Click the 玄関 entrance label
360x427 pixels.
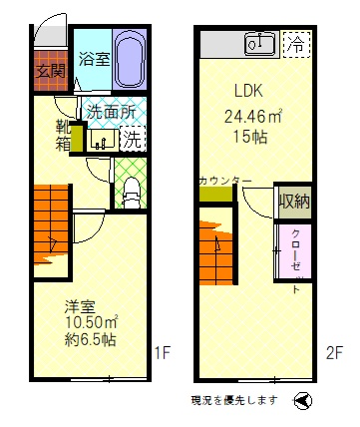pyautogui.click(x=51, y=70)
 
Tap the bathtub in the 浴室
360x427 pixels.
pyautogui.click(x=130, y=60)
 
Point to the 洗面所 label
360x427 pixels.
pyautogui.click(x=112, y=112)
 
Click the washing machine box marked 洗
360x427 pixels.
pyautogui.click(x=133, y=139)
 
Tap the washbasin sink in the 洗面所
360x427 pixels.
pyautogui.click(x=103, y=140)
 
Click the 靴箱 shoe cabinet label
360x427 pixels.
pyautogui.click(x=63, y=135)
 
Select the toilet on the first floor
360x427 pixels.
pyautogui.click(x=131, y=193)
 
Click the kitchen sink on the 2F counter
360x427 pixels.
pyautogui.click(x=259, y=44)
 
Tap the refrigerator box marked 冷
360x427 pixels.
pyautogui.click(x=296, y=44)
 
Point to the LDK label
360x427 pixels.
pyautogui.click(x=249, y=91)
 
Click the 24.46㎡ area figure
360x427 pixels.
pyautogui.click(x=253, y=116)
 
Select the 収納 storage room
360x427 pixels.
pyautogui.click(x=295, y=201)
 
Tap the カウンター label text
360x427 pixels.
pyautogui.click(x=224, y=182)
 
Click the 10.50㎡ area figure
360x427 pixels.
pyautogui.click(x=92, y=322)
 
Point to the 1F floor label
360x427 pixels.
pyautogui.click(x=163, y=353)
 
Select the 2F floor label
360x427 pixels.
pyautogui.click(x=334, y=353)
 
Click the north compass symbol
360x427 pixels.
pyautogui.click(x=303, y=400)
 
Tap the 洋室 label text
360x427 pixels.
pyautogui.click(x=80, y=306)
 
